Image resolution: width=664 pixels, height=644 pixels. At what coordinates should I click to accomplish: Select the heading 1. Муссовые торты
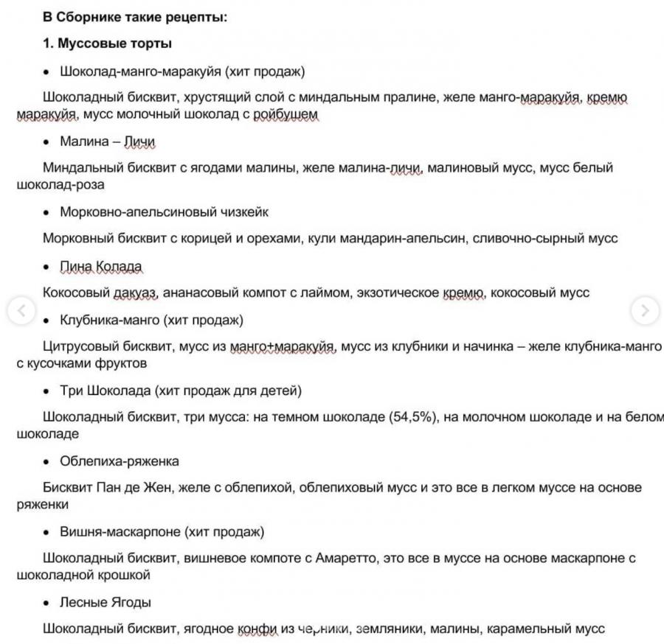(108, 44)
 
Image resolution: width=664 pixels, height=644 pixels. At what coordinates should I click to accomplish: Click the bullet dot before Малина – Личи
(46, 142)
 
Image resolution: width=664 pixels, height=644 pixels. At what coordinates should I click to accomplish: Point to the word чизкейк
(244, 212)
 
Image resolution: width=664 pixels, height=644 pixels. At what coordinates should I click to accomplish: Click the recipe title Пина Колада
(101, 266)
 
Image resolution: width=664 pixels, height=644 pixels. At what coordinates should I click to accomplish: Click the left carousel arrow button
(21, 311)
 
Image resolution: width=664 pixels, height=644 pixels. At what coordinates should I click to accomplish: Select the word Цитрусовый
(78, 346)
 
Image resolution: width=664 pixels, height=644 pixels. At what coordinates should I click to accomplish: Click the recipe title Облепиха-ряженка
(120, 461)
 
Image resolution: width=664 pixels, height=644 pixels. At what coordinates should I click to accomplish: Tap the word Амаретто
(347, 559)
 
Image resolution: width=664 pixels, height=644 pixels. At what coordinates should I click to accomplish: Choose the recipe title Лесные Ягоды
(106, 603)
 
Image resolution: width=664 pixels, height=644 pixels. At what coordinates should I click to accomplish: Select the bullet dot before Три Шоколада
(46, 391)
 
